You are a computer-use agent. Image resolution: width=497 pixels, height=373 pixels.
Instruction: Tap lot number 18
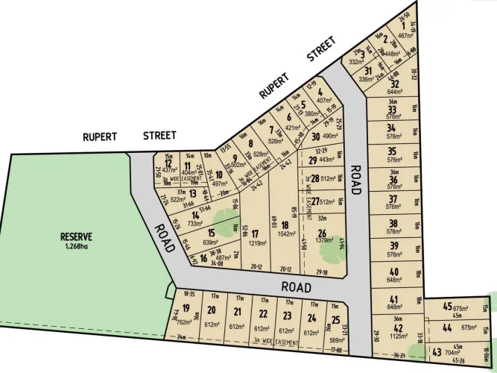pos(284,225)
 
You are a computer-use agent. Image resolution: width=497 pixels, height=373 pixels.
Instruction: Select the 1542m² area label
pos(284,233)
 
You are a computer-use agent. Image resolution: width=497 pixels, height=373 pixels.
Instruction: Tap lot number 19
pos(186,309)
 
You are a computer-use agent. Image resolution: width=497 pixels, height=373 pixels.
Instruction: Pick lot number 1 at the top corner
pos(403,25)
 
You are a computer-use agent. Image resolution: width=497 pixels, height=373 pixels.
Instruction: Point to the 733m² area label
pos(196,223)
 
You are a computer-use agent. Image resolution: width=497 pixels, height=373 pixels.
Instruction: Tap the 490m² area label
pos(330,137)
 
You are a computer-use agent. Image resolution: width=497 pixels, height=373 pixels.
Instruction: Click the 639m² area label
pos(211,242)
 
